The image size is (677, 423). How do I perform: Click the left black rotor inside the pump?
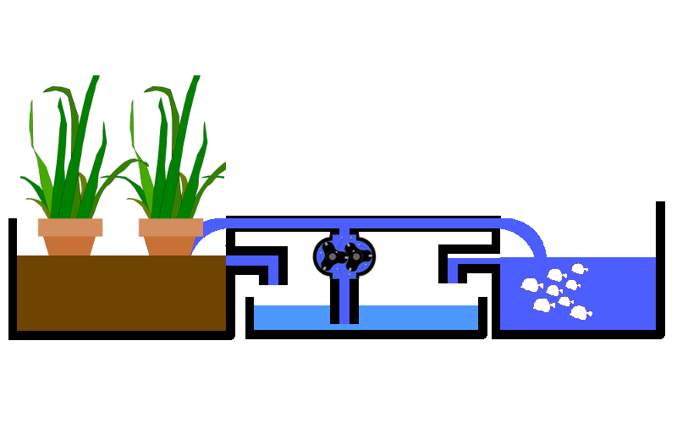333,256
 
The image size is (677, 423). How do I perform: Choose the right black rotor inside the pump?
356,256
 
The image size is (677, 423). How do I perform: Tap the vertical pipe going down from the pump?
344,300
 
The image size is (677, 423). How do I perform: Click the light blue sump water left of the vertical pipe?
291,317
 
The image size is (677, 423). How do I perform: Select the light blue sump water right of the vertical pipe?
418,317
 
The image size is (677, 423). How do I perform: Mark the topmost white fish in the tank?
578,269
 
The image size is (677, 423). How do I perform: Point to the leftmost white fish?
531,285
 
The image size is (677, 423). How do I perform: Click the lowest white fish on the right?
580,313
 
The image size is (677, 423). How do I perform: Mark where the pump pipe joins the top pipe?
344,225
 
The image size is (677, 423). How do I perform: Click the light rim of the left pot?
70,227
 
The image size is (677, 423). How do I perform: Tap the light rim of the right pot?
171,227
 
